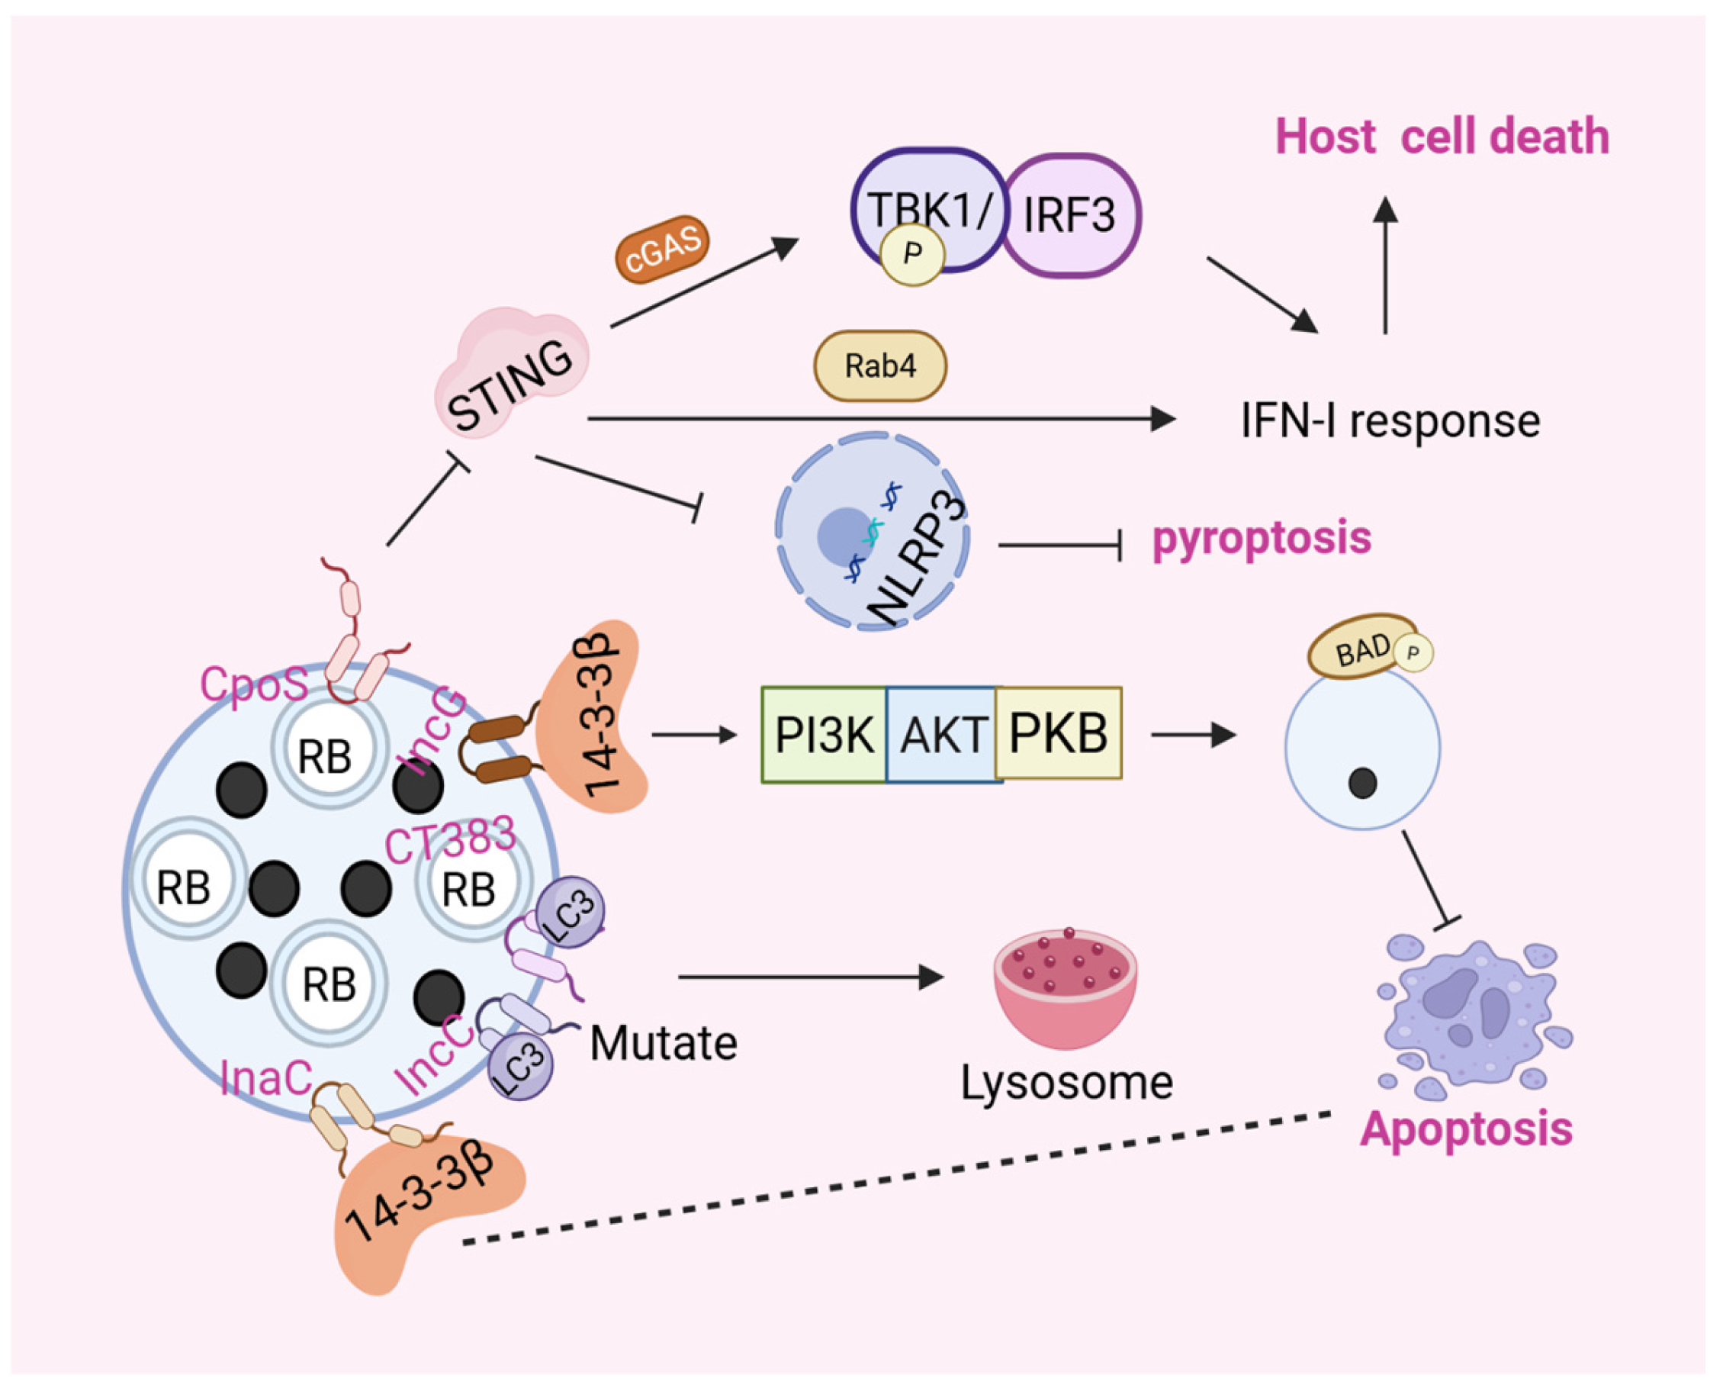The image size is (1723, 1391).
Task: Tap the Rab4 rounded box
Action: pos(880,366)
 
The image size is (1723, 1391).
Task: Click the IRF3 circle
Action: pos(1071,215)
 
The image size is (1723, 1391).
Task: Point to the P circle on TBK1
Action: pos(911,254)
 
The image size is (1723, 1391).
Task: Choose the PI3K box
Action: pos(824,734)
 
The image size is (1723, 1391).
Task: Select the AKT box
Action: pos(942,734)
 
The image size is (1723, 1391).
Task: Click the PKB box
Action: pos(1058,733)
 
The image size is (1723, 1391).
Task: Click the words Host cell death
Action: pos(1442,137)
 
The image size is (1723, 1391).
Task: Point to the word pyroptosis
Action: pos(1262,538)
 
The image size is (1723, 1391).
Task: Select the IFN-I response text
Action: pos(1390,420)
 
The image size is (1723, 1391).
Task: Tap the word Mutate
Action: pos(664,1043)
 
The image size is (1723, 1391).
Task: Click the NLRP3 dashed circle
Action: pos(873,531)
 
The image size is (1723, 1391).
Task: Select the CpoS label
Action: pos(254,685)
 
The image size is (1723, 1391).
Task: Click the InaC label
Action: pos(265,1077)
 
